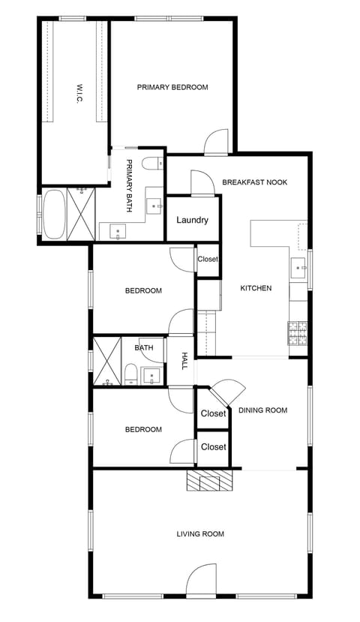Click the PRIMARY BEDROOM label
[x=172, y=88]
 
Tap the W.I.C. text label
[x=77, y=93]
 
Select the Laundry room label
[x=192, y=221]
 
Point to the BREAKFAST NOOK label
[x=255, y=182]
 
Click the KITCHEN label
[x=255, y=288]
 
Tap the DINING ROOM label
[x=262, y=410]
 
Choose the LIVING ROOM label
[x=200, y=534]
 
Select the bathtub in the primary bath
[x=54, y=215]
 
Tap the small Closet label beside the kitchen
[x=208, y=260]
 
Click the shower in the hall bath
[x=106, y=362]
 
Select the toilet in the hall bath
[x=130, y=373]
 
